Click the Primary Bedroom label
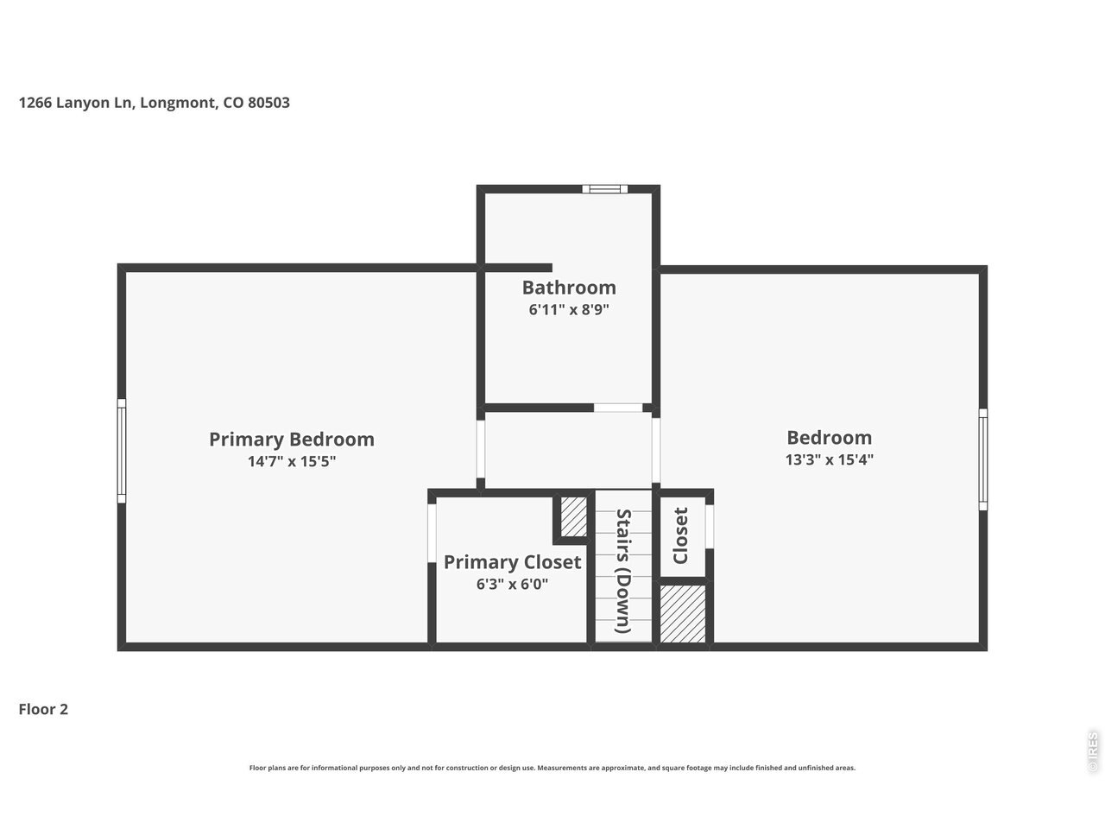tap(292, 440)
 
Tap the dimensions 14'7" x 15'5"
tap(292, 461)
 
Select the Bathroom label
tap(569, 288)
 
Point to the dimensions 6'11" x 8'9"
tap(569, 309)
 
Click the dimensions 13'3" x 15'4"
tap(829, 459)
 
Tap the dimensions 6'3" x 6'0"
tap(512, 584)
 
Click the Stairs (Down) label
tap(624, 571)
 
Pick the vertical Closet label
tap(680, 535)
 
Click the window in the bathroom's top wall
tap(604, 189)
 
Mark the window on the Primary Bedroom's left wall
tap(122, 451)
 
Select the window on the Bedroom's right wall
tap(982, 459)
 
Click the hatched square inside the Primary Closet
tap(573, 517)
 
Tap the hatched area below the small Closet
tap(682, 613)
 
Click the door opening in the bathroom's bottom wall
tap(618, 408)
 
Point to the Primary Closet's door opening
tap(432, 533)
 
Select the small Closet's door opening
tap(709, 527)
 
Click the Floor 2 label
tap(43, 709)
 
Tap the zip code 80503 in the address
tap(268, 103)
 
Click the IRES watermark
tap(1092, 751)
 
